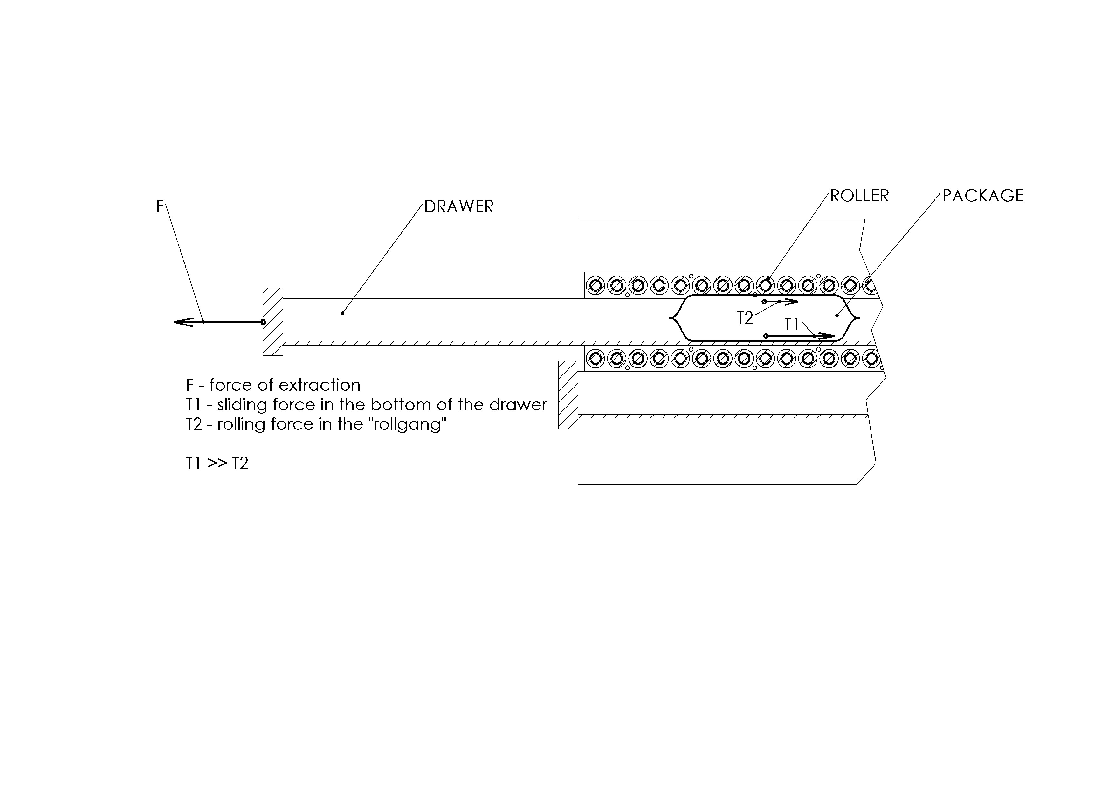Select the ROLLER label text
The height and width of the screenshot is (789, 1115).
(x=860, y=196)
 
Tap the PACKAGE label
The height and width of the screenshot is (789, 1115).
(x=983, y=196)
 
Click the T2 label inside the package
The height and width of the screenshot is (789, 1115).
(x=745, y=318)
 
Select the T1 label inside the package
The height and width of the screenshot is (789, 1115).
(x=792, y=325)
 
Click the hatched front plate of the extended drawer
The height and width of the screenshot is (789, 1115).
(x=273, y=322)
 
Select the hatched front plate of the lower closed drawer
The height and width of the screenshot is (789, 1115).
(x=568, y=395)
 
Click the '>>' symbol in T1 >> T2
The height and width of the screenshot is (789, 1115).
(x=217, y=464)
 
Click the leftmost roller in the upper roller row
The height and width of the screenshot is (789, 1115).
(x=595, y=285)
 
